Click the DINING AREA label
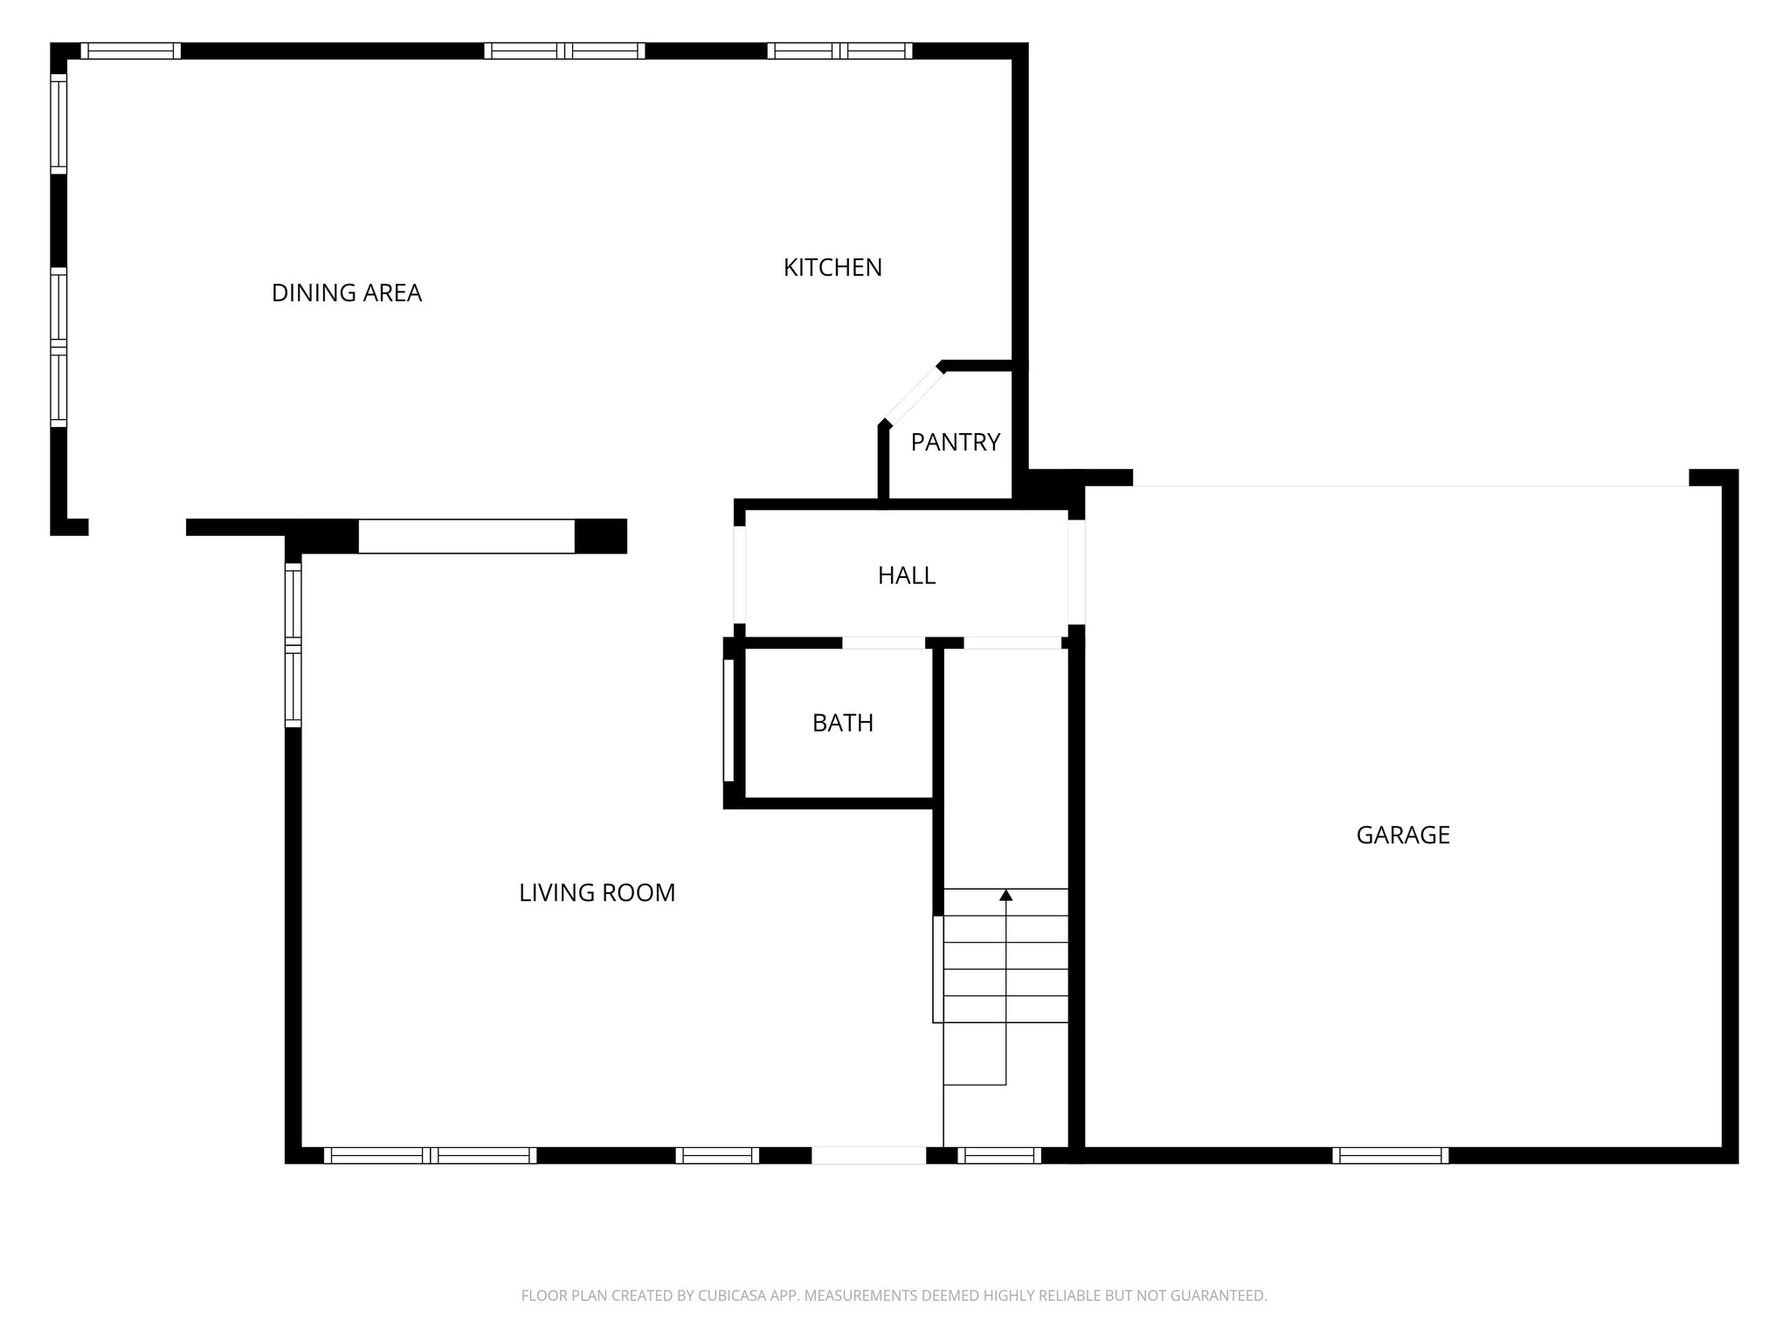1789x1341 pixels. point(347,293)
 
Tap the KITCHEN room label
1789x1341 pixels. point(832,267)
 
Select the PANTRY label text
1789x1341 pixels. point(955,443)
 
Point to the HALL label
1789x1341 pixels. point(906,575)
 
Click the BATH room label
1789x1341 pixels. point(842,723)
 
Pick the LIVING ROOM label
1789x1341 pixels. point(597,893)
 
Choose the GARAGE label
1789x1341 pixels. point(1402,836)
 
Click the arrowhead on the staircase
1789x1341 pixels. point(1005,895)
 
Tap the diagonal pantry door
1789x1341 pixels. point(914,395)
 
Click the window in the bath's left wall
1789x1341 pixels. point(729,720)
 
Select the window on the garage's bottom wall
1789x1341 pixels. point(1390,1155)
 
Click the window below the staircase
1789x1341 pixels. point(999,1155)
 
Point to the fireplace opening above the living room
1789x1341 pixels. point(466,536)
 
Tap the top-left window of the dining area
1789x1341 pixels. point(131,51)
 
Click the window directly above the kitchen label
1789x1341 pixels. point(839,51)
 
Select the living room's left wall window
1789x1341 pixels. point(294,645)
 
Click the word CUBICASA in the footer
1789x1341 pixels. point(732,1296)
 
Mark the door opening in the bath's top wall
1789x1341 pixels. point(883,643)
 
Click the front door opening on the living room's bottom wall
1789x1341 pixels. point(868,1155)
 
